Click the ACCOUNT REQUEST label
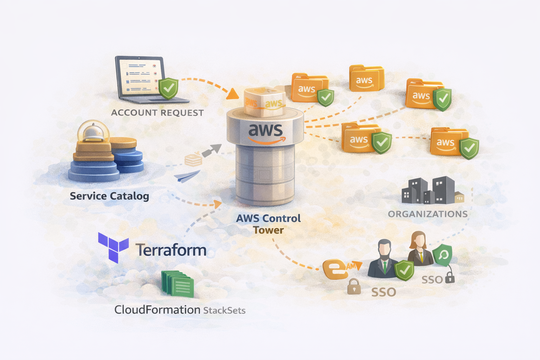pyautogui.click(x=157, y=113)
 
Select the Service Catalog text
pyautogui.click(x=109, y=196)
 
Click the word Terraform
pyautogui.click(x=171, y=250)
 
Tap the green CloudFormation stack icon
pyautogui.click(x=178, y=284)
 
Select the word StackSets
pyautogui.click(x=224, y=310)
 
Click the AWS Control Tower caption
pyautogui.click(x=268, y=224)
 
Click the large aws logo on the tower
pyautogui.click(x=266, y=133)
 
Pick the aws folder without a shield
pyautogui.click(x=366, y=79)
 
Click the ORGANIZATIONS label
pyautogui.click(x=427, y=214)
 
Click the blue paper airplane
pyautogui.click(x=187, y=176)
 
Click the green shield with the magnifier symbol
pyautogui.click(x=443, y=255)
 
